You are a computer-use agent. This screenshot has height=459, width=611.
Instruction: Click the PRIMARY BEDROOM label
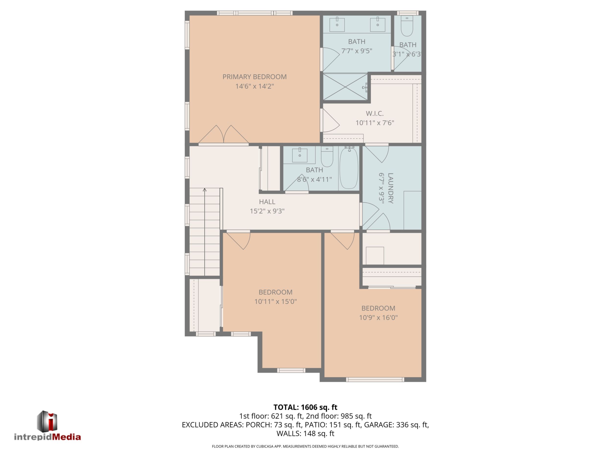tap(254, 77)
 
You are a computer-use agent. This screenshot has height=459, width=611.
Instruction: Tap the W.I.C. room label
tap(375, 114)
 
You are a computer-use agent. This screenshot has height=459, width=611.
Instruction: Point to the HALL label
tap(267, 202)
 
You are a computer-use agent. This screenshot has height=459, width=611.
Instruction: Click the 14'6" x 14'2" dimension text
tap(254, 86)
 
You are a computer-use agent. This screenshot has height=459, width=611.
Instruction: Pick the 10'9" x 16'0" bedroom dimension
tap(378, 317)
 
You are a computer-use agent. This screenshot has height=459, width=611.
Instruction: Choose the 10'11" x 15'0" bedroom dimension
tap(275, 301)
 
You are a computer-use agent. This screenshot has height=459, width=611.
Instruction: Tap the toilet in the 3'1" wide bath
tap(407, 26)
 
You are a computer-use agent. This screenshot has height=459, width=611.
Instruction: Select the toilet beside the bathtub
tap(327, 157)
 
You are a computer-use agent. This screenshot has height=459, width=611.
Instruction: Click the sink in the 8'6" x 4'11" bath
tap(300, 155)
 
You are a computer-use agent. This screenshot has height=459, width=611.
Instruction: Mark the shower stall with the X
tap(345, 87)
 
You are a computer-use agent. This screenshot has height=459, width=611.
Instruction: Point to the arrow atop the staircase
tap(205, 190)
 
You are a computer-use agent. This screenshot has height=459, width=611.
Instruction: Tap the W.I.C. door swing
tap(331, 120)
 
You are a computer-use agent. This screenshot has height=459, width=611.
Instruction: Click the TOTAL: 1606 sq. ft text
tap(305, 407)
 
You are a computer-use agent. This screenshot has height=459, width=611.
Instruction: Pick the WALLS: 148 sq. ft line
tap(305, 433)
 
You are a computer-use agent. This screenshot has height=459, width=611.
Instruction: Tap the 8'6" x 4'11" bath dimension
tap(314, 179)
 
